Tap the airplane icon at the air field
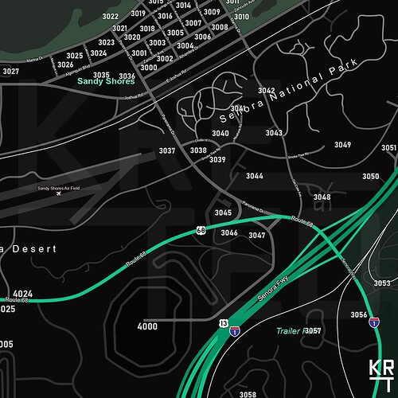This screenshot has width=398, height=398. pos(58,194)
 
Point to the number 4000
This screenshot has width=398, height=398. pos(147,327)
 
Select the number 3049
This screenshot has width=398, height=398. pos(342,145)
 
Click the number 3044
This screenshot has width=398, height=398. pos(255,176)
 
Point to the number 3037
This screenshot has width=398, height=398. pos(167,150)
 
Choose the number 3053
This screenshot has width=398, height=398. pos(382,283)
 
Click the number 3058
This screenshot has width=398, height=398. pos(248,394)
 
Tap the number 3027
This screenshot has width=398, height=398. pos(10,72)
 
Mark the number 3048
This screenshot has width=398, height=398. pos(322,197)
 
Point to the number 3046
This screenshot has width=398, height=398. pos(229,232)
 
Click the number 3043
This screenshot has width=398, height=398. pos(274,133)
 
